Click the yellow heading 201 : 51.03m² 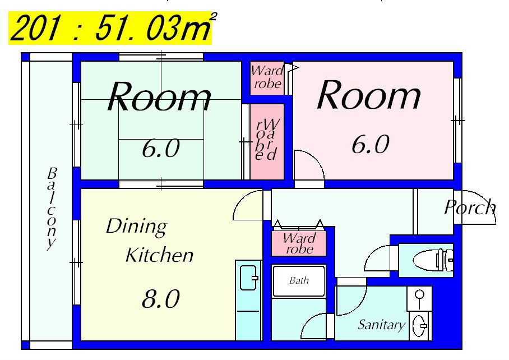tap(110, 28)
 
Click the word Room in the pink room tap(369, 95)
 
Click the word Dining tap(136, 227)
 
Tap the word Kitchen tap(159, 255)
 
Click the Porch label tap(470, 207)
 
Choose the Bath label tap(299, 280)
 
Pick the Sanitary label tap(381, 325)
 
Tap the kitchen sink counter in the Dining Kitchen tap(248, 300)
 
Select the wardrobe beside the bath tap(299, 243)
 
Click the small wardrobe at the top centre tap(267, 78)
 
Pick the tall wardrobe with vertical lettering tap(266, 140)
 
